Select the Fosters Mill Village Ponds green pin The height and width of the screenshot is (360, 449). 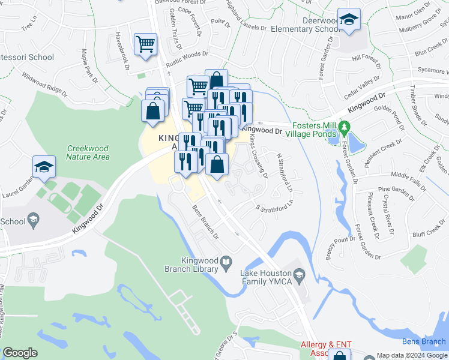[x=344, y=128]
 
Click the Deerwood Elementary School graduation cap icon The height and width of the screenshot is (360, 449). [x=348, y=20]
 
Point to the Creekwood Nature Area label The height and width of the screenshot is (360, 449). [x=88, y=152]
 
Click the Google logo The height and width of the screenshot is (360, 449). [x=20, y=353]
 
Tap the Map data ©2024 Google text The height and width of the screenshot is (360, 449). [x=411, y=355]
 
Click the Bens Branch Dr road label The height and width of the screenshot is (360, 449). [x=205, y=223]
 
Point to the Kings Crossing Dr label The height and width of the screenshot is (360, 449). [x=258, y=155]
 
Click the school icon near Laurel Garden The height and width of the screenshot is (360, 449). [x=44, y=167]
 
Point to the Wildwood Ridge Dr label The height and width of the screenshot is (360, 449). [x=44, y=83]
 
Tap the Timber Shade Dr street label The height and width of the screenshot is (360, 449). [x=414, y=108]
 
